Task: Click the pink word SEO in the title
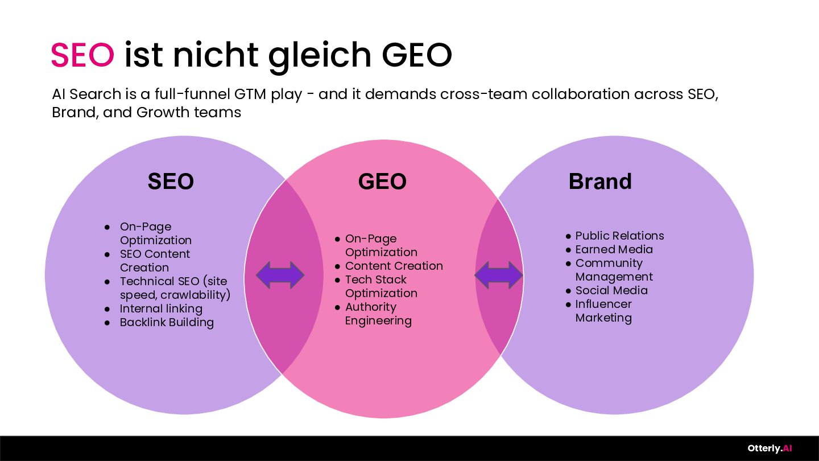point(82,55)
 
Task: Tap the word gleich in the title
point(320,57)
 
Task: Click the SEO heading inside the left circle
point(171,181)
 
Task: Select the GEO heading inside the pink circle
point(382,181)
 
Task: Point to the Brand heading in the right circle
point(600,181)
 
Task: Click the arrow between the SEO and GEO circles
point(280,275)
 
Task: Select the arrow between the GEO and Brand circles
point(499,275)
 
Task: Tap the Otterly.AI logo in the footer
point(770,448)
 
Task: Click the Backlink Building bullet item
point(167,322)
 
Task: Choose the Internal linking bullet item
point(161,309)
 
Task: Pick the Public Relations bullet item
point(620,236)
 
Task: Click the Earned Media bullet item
point(614,249)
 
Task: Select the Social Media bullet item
point(612,290)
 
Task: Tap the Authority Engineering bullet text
point(378,314)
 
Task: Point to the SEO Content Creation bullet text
point(155,261)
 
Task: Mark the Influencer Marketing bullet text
point(603,311)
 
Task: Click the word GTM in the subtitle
point(250,94)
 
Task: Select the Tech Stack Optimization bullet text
point(381,286)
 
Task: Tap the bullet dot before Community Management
point(568,264)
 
